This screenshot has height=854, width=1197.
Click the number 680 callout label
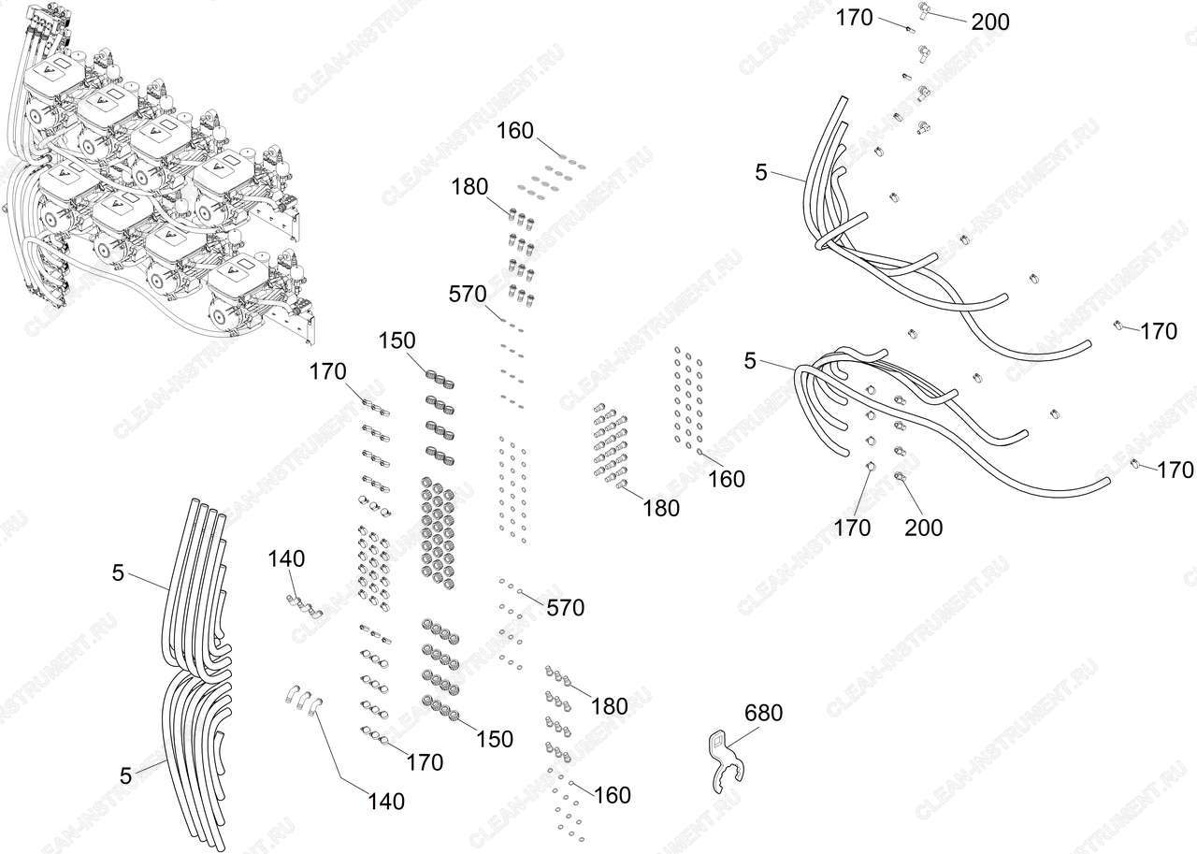(764, 713)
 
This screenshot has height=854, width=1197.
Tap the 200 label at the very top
(990, 22)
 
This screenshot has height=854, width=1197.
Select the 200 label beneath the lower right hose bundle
(923, 528)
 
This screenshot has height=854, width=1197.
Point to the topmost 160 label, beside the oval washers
(515, 131)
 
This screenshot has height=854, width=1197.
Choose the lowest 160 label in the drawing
(613, 795)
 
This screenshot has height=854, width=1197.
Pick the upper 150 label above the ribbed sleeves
(397, 341)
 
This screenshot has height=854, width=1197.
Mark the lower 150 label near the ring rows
(495, 740)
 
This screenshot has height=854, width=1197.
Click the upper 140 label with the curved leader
(286, 559)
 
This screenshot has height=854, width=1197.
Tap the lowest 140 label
(386, 802)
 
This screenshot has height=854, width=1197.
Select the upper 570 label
(468, 295)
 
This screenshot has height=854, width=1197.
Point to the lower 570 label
(566, 608)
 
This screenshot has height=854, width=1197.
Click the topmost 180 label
(469, 187)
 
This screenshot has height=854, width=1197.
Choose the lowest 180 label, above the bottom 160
(609, 707)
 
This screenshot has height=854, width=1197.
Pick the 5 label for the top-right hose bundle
(761, 173)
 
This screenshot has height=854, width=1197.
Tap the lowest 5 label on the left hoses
(125, 776)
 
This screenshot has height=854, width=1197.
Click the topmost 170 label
(855, 18)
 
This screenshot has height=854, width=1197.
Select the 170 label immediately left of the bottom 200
(852, 528)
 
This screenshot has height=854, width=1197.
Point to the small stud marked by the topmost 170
(911, 30)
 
